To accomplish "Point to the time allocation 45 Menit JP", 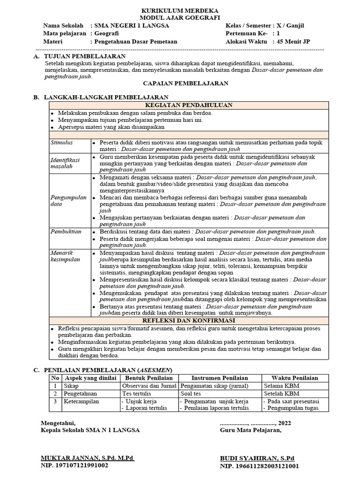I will (293, 41).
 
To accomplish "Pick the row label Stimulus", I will (60, 142).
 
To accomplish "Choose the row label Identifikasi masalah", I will (65, 163).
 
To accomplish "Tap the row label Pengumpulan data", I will (68, 201).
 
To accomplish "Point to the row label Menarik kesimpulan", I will (65, 256).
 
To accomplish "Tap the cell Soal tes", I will (191, 394).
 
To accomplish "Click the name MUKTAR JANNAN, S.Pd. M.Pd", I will (87, 457).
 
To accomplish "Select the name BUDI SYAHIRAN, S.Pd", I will (257, 457).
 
